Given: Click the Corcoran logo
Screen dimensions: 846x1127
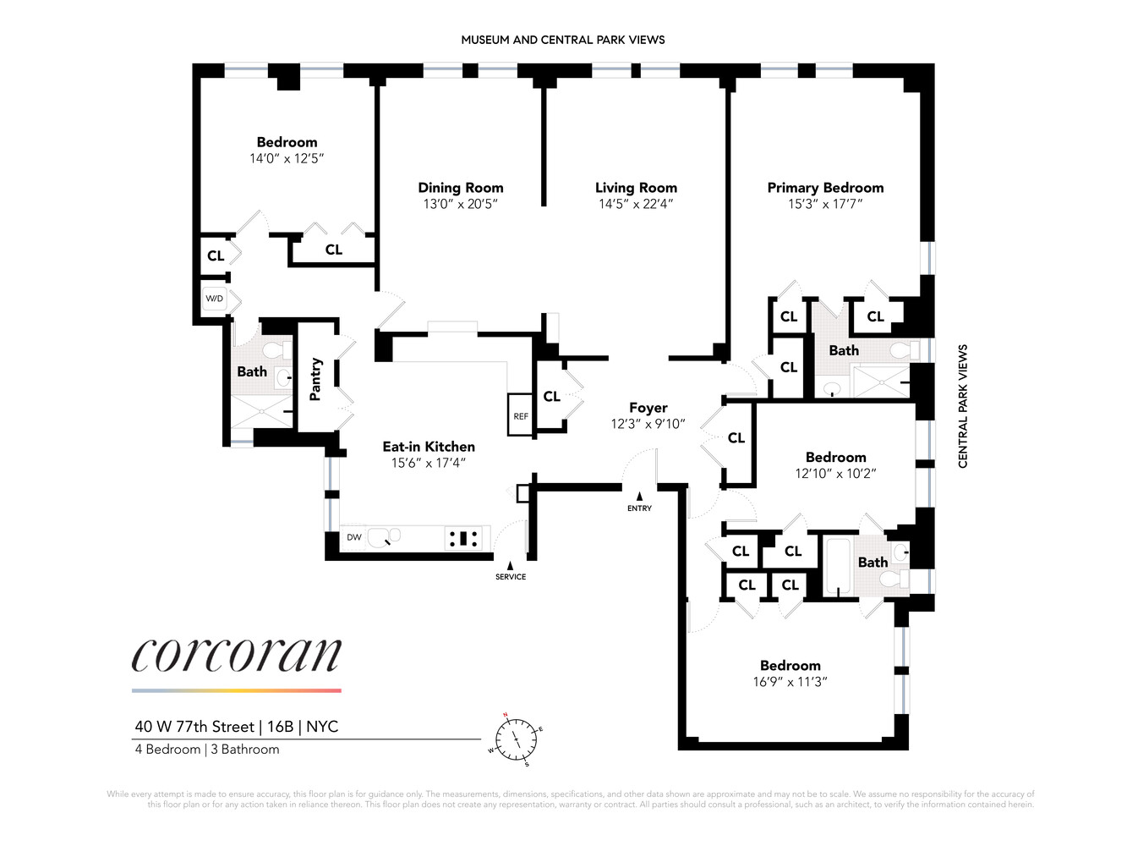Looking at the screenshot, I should tap(237, 655).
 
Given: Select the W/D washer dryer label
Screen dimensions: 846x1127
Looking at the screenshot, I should tap(215, 299).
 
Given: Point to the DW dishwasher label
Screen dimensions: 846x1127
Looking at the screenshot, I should tap(353, 537).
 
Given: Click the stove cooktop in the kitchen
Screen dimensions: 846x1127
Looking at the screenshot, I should tap(464, 537).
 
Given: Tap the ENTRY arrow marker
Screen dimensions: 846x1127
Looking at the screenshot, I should tap(639, 497).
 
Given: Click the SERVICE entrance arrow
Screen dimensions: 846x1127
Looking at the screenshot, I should tap(510, 566).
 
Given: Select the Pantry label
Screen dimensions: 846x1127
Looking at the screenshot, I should tap(315, 379).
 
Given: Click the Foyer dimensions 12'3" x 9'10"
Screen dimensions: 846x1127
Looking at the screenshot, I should tap(648, 424).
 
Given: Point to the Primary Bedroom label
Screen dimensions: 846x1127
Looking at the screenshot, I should tap(825, 188).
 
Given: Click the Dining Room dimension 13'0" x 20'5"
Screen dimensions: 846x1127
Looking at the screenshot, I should tap(460, 204).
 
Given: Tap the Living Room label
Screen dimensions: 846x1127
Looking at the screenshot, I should tap(636, 188).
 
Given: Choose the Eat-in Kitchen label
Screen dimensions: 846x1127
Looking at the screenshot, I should tap(429, 447).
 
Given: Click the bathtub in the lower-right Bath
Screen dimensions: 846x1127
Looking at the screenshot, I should tap(840, 564).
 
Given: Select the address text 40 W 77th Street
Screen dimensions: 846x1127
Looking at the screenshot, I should tap(194, 727).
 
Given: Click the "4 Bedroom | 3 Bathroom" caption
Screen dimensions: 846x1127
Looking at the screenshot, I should tap(206, 750).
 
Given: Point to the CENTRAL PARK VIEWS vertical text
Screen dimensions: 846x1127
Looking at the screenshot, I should tap(963, 406).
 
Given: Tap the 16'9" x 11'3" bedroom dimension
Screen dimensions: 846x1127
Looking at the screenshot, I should tap(790, 682).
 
